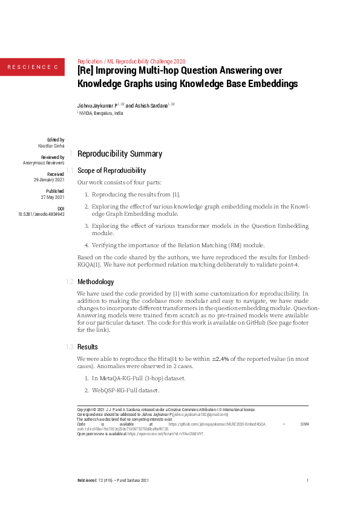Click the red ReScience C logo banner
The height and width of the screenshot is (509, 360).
32,66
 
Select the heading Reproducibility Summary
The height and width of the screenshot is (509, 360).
120,154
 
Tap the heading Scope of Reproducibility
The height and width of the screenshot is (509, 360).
111,170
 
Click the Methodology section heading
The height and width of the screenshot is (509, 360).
95,282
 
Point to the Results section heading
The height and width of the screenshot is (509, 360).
88,347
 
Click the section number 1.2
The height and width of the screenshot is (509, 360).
70,282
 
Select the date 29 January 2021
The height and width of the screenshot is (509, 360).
48,180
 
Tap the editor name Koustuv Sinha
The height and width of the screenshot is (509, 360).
51,146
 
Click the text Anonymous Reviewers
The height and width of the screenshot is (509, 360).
44,163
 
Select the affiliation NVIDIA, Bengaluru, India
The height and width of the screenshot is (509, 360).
101,113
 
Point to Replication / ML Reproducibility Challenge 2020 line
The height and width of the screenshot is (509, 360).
131,61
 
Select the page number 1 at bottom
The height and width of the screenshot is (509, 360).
307,481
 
